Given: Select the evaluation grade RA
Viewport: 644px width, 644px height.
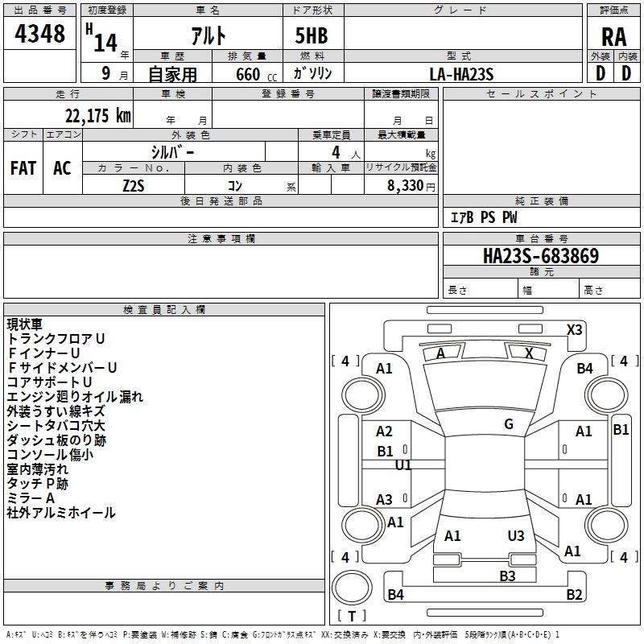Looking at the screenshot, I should tap(613, 36).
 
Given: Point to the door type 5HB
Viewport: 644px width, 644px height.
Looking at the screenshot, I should tap(306, 36).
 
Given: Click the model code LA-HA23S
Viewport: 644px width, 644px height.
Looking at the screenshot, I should tap(462, 74).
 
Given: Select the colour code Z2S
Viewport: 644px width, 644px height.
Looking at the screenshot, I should tap(134, 184).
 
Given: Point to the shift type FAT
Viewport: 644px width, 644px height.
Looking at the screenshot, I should tap(23, 168).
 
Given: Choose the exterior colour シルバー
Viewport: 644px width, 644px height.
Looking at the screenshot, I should tap(172, 151).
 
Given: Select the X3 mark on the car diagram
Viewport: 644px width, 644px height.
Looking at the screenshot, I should tap(574, 329).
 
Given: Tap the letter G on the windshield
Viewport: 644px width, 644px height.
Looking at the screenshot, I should tap(508, 424).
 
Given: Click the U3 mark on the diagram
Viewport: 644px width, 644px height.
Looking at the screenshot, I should tap(515, 536).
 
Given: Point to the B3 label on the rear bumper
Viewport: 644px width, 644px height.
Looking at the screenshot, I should tap(506, 576).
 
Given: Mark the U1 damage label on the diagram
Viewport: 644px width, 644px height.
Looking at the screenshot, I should tap(403, 465).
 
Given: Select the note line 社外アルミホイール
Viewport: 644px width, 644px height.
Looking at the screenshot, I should tap(61, 513).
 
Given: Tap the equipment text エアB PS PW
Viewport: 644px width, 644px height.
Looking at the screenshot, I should tap(483, 217).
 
